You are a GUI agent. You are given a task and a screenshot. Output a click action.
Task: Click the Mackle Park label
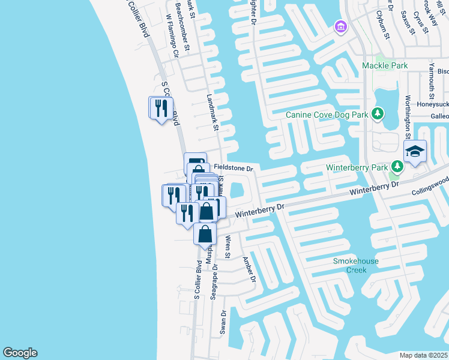coord(385,65)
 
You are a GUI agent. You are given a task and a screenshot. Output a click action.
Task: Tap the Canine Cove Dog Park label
coord(327,114)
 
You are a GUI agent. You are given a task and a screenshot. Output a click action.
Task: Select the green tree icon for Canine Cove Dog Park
coord(378,113)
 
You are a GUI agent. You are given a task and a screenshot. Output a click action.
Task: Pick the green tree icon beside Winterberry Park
coord(397,166)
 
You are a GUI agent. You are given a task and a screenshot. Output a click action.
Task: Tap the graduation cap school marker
coord(415,152)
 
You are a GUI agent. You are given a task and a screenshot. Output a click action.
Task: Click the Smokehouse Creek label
coord(350,265)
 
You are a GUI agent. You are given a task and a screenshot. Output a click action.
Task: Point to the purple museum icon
coord(340,27)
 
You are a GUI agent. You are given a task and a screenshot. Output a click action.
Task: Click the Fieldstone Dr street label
coord(234,169)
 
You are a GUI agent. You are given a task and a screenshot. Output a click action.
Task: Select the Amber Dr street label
coord(249,270)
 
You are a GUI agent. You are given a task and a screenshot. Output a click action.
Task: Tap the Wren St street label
coord(228,247)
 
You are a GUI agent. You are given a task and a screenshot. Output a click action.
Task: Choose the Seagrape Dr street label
coord(214,277)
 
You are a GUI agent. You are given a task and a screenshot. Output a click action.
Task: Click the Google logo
coord(20,353)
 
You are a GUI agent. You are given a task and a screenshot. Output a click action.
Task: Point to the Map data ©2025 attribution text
coord(423,355)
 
